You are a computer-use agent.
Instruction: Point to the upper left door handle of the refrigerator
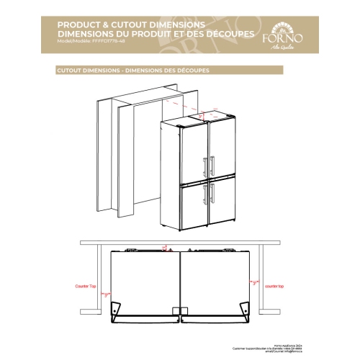[205, 165]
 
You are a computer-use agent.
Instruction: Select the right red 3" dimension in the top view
[255, 283]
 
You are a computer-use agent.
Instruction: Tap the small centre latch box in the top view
[180, 310]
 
